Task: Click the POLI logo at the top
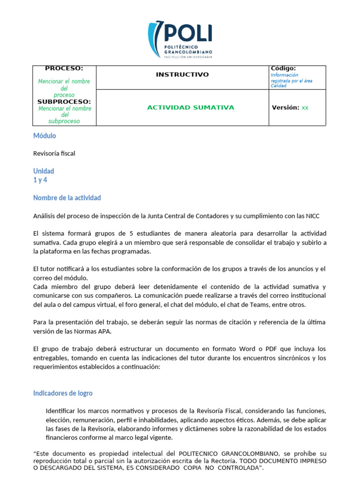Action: [180, 39]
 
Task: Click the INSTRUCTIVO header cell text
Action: [182, 75]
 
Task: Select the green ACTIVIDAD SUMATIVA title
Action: [184, 107]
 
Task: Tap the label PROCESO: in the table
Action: [64, 68]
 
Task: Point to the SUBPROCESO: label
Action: [64, 101]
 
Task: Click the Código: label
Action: [283, 68]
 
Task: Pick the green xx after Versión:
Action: [305, 107]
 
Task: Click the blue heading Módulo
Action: [45, 135]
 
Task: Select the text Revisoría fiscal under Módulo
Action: [54, 153]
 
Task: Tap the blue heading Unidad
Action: [44, 171]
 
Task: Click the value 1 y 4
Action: [40, 180]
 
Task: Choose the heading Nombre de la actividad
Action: [67, 198]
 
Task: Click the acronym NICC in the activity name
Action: [312, 216]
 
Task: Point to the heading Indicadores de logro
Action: [63, 393]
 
